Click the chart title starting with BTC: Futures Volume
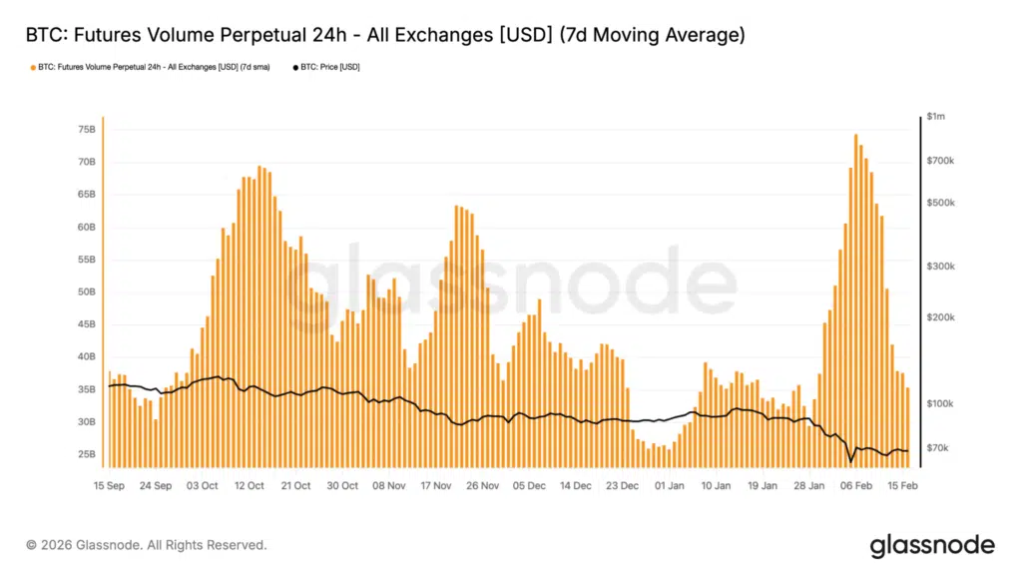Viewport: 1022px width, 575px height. coord(384,36)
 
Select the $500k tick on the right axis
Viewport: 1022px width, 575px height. coord(940,203)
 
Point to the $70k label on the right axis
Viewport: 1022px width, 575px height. coord(938,448)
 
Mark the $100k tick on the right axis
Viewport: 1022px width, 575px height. coord(940,403)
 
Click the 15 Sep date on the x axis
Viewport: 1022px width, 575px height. coord(110,486)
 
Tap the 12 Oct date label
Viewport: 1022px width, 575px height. coord(249,486)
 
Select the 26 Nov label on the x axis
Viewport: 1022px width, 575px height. coord(482,486)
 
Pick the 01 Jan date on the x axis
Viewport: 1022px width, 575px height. coord(669,486)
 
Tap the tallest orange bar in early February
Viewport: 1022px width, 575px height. coord(856,299)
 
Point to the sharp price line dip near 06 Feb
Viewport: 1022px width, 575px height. coord(851,460)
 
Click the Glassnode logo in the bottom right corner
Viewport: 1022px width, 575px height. coord(931,545)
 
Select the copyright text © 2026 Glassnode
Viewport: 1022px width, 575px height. coord(147,545)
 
